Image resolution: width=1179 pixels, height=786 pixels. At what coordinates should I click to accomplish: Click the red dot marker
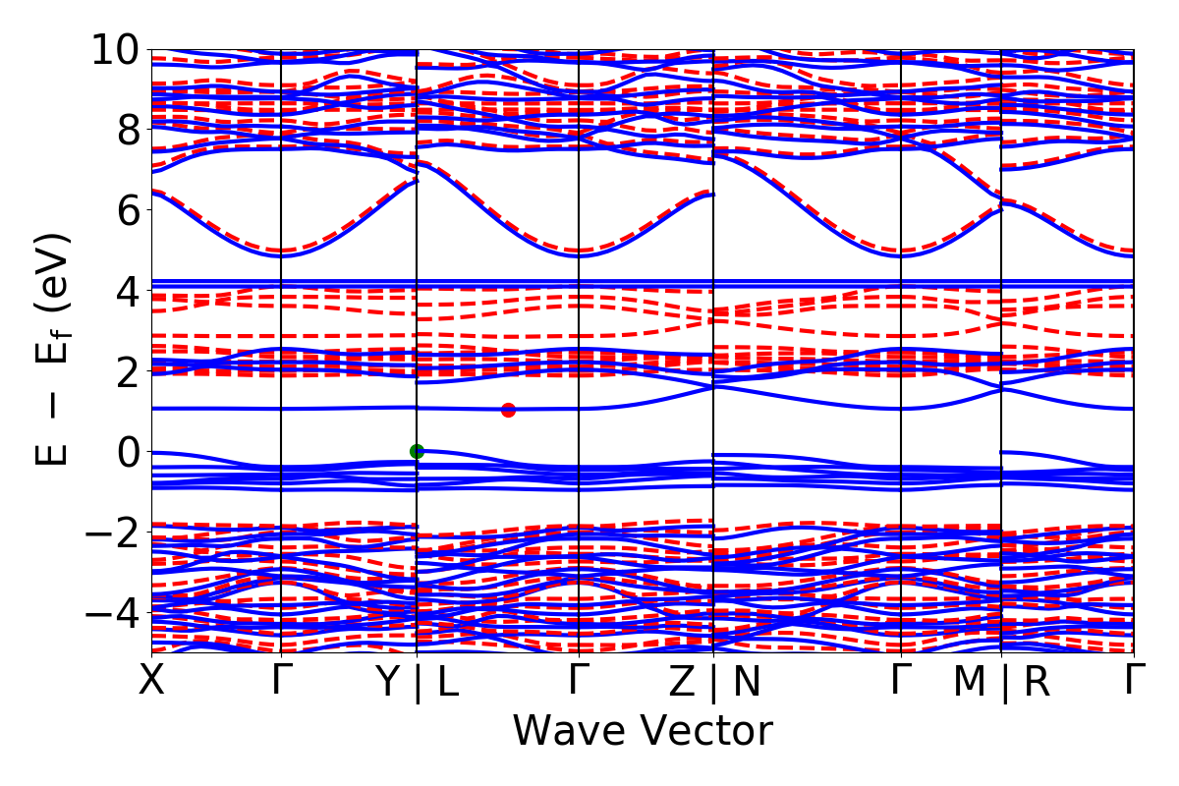point(508,410)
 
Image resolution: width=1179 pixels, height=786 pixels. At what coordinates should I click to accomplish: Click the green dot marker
point(417,451)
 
